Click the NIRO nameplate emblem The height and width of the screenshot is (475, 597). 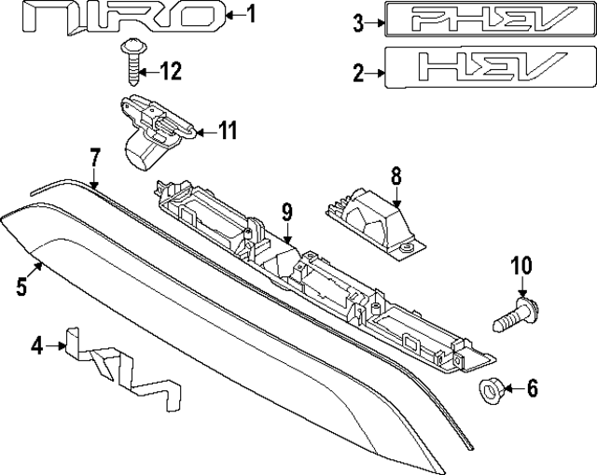pos(124,17)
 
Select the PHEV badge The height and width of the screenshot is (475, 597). pos(491,19)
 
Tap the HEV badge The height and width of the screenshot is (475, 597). pos(491,68)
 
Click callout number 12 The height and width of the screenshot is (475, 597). pos(170,71)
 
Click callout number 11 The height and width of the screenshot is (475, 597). pos(227,131)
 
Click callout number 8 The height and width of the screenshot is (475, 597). pos(396,176)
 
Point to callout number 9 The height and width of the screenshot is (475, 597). pos(287,212)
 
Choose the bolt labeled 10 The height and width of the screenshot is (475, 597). pos(516,314)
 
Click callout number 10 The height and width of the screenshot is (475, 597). pos(521,266)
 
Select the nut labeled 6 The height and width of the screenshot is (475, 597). pos(492,392)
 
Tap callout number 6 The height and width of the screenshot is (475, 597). pos(533,388)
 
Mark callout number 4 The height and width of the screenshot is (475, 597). pos(37,346)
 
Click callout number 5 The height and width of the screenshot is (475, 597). pos(21,286)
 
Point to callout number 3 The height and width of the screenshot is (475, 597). pos(358,22)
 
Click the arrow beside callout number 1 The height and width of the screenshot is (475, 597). pos(234,15)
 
